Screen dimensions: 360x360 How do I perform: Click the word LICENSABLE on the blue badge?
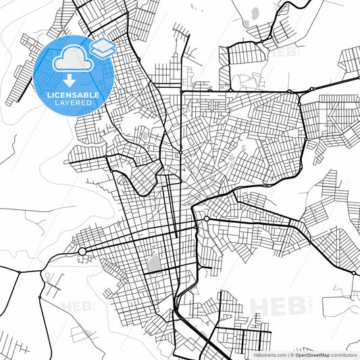click(x=73, y=95)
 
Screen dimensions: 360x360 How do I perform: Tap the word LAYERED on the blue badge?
click(x=73, y=103)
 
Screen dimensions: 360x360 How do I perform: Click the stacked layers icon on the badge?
click(x=101, y=47)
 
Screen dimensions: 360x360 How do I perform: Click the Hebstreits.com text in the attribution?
click(x=269, y=355)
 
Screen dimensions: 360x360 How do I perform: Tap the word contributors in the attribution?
click(x=344, y=355)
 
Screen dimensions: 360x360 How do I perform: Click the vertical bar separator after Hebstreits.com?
click(x=286, y=355)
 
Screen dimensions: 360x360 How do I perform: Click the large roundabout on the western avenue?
click(x=82, y=251)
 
